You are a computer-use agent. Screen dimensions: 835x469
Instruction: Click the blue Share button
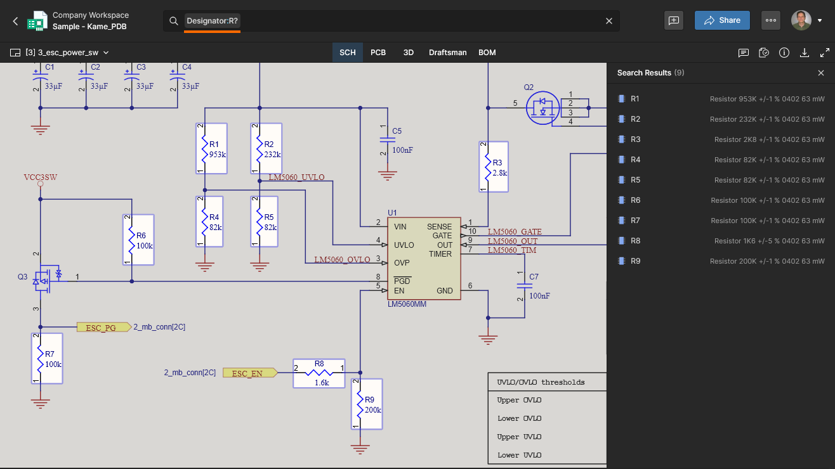(x=722, y=20)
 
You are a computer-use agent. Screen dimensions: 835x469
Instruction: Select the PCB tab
(x=378, y=53)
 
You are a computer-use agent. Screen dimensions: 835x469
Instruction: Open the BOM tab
(x=487, y=53)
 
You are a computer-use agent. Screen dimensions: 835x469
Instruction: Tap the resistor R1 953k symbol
(x=211, y=148)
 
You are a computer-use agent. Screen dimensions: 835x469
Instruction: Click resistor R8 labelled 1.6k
(x=319, y=373)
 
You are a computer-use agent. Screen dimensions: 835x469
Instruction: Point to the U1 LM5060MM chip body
(x=424, y=259)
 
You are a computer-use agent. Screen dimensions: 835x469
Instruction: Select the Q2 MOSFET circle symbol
(x=542, y=108)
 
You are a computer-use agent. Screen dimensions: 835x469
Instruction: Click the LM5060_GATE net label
(x=515, y=231)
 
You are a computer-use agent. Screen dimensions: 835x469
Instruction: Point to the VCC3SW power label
(x=40, y=177)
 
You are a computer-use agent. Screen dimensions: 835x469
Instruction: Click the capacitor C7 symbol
(x=525, y=286)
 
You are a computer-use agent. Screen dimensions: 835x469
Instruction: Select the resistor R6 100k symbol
(x=138, y=240)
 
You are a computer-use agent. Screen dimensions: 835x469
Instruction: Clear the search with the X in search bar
(x=609, y=21)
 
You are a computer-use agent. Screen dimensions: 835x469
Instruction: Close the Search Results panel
(x=821, y=73)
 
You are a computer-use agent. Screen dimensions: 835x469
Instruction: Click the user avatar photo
(x=801, y=20)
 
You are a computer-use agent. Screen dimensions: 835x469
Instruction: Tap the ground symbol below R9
(x=360, y=449)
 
